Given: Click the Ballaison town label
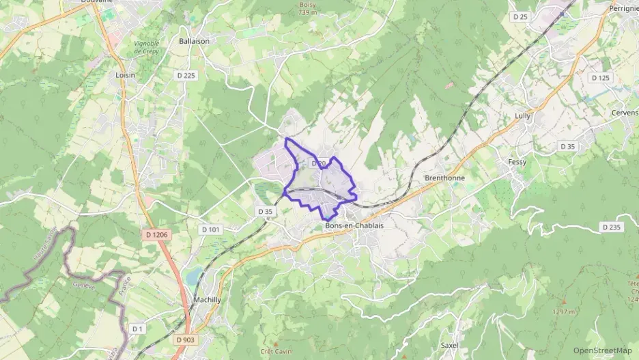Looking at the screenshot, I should click(194, 41).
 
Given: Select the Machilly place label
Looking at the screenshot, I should click(208, 299).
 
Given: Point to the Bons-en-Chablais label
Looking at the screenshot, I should click(355, 226).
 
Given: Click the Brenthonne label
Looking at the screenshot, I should click(444, 178).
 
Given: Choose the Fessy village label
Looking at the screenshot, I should click(517, 162).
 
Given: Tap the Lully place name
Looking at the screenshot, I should click(522, 116).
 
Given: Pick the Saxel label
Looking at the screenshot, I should click(450, 346).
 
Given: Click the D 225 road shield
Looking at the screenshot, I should click(185, 75).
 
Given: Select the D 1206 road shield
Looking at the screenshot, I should click(156, 235).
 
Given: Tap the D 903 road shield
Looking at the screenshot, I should click(184, 340).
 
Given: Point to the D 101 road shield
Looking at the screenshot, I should click(211, 230).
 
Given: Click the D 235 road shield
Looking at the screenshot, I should click(611, 227).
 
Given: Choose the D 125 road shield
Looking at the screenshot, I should click(600, 78).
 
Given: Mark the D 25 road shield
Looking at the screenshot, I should click(520, 16).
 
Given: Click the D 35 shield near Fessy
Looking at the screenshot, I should click(568, 146).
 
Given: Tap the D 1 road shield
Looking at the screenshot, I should click(138, 329).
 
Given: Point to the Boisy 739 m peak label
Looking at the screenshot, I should click(309, 8).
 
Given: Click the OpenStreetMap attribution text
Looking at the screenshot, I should click(603, 350).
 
